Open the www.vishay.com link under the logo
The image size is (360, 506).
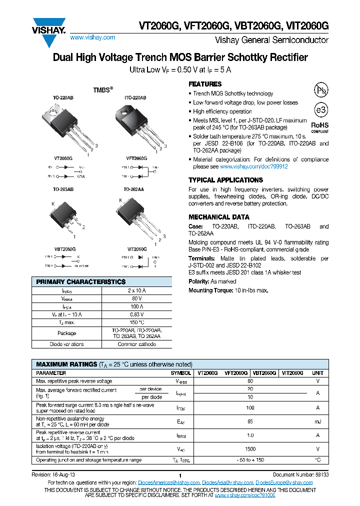tap(92, 37)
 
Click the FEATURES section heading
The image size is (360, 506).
tap(205, 84)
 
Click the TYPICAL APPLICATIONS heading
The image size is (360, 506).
tap(225, 180)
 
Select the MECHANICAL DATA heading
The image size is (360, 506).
tap(218, 217)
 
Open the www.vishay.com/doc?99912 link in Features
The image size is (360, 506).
tap(253, 166)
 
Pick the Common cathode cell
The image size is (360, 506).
tap(136, 344)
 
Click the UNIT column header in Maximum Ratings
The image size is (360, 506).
tap(317, 373)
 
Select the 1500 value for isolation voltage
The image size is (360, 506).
tap(250, 449)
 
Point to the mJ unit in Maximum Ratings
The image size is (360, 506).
tap(317, 421)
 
